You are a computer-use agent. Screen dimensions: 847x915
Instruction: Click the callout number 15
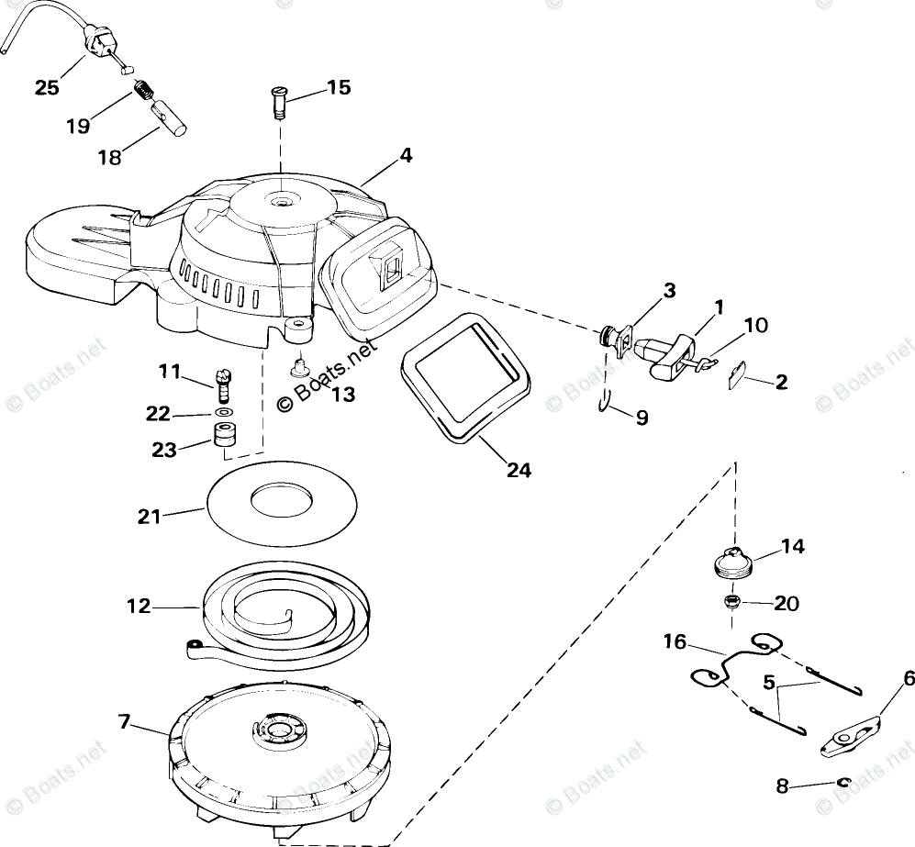click(x=338, y=88)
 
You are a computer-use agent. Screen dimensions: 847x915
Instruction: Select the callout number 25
click(x=47, y=88)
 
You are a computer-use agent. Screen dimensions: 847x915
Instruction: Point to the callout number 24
click(x=519, y=470)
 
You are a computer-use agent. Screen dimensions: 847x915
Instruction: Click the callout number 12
click(x=139, y=607)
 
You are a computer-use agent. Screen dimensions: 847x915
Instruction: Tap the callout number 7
click(x=126, y=722)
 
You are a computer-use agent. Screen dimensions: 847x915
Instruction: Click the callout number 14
click(x=792, y=548)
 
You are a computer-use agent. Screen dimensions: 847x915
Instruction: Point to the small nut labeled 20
click(x=731, y=602)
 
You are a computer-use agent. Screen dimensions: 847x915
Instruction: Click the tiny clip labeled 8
click(x=845, y=782)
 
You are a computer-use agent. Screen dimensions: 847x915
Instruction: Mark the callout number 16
click(x=675, y=641)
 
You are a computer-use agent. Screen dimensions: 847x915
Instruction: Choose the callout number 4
click(x=405, y=156)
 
